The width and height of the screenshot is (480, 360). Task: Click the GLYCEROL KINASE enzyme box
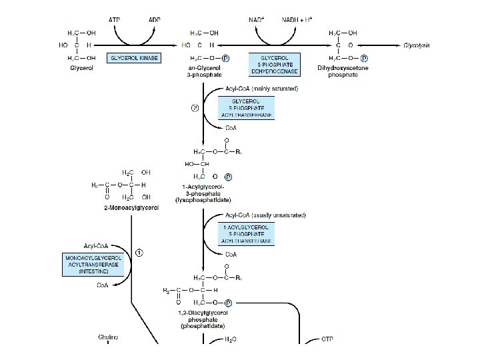pyautogui.click(x=135, y=58)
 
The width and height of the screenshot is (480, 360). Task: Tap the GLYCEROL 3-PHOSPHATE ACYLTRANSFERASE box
pyautogui.click(x=247, y=109)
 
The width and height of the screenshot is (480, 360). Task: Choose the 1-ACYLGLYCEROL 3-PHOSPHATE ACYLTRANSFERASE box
pyautogui.click(x=247, y=234)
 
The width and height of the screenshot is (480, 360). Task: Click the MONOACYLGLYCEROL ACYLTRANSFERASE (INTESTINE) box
pyautogui.click(x=92, y=264)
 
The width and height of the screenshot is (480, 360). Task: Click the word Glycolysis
pyautogui.click(x=417, y=45)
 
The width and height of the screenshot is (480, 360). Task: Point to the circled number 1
pyautogui.click(x=139, y=253)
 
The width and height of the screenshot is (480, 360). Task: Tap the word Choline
pyautogui.click(x=108, y=338)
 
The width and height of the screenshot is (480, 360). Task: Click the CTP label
pyautogui.click(x=327, y=339)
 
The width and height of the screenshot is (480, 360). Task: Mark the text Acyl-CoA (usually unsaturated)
pyautogui.click(x=257, y=215)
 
